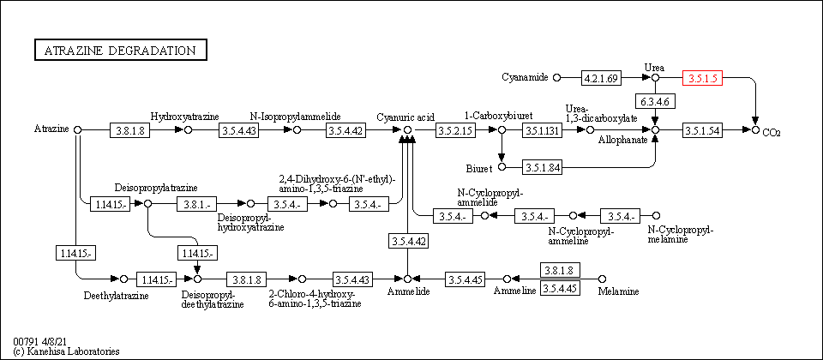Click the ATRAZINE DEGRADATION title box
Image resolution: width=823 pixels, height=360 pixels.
click(120, 51)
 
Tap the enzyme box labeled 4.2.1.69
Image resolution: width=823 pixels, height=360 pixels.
click(601, 78)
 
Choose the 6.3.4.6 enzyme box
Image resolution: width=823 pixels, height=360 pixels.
click(655, 102)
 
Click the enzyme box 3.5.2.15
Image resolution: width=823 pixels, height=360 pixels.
click(454, 130)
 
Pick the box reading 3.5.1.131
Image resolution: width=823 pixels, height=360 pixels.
click(543, 130)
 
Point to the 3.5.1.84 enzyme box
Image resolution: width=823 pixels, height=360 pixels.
click(543, 167)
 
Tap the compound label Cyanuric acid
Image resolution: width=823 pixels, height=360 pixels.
click(406, 116)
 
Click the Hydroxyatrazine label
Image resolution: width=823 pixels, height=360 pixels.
click(185, 116)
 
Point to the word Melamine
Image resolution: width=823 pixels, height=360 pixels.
click(618, 292)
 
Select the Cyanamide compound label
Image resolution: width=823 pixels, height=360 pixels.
click(525, 78)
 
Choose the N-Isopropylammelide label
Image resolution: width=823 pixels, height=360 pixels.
click(296, 116)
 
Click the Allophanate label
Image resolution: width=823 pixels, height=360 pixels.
click(623, 139)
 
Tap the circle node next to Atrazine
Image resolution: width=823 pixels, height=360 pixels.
click(78, 129)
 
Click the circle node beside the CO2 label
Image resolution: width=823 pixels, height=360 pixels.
click(755, 129)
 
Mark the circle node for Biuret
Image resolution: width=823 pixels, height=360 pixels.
click(502, 167)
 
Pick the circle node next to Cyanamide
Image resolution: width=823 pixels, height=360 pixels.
click(556, 78)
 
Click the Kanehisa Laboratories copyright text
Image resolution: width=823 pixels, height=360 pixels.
click(67, 351)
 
